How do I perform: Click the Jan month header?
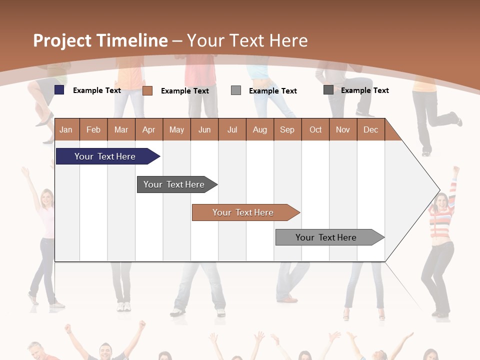(x=66, y=129)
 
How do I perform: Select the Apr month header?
(x=148, y=129)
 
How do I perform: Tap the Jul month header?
(x=232, y=129)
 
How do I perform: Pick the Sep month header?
(x=287, y=129)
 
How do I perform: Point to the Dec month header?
(x=370, y=129)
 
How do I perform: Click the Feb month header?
(x=93, y=129)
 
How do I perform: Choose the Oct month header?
(x=315, y=129)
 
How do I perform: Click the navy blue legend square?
(x=59, y=90)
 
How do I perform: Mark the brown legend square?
(x=147, y=90)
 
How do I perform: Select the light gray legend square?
(x=236, y=90)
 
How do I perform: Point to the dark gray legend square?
(x=328, y=90)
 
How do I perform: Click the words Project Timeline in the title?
(x=100, y=40)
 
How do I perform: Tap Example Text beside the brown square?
(x=185, y=91)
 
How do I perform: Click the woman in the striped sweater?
(x=440, y=240)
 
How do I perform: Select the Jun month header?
(x=204, y=129)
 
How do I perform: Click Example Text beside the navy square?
(x=97, y=90)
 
